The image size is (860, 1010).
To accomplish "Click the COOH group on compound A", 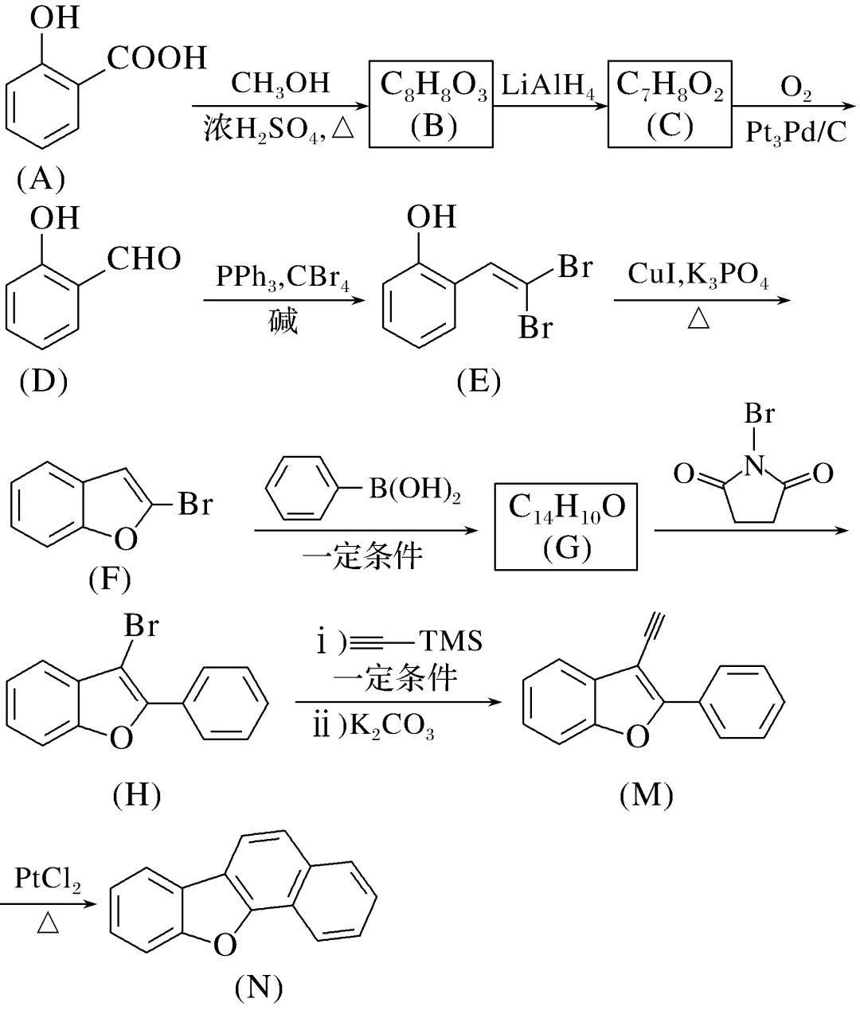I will [x=157, y=58].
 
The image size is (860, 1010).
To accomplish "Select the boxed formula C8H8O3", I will [x=433, y=85].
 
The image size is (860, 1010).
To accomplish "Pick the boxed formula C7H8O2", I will [x=670, y=85].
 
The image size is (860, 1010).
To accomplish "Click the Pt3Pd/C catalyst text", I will [x=796, y=132].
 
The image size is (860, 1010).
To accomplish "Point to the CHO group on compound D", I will [x=143, y=259].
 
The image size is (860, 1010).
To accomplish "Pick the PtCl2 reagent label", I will [x=47, y=879].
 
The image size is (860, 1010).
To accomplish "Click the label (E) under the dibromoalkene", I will [x=478, y=382].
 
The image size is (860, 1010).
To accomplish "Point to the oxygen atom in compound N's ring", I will [x=225, y=945].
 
